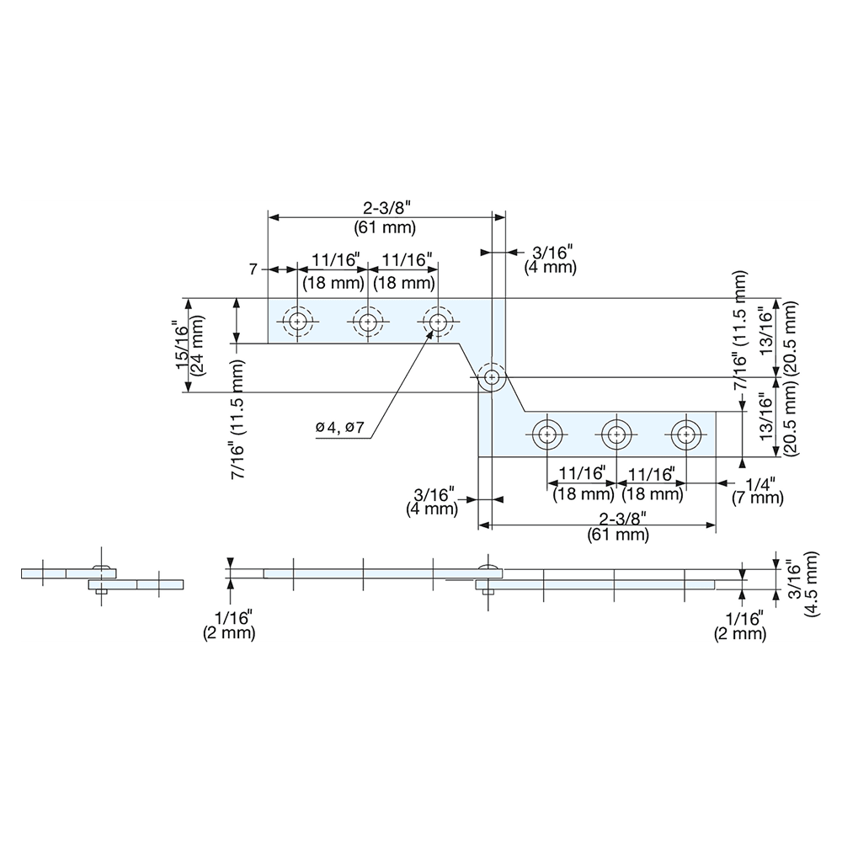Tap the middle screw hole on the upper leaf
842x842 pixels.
tap(367, 322)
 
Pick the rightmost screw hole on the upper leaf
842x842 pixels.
tap(437, 322)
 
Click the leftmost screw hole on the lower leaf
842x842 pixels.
tap(547, 435)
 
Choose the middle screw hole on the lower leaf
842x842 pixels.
tap(616, 435)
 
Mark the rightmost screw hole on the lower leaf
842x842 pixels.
tap(685, 435)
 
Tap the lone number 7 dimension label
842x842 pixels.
tap(253, 269)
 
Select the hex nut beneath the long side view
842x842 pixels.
tap(488, 595)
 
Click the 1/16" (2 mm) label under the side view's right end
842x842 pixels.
tap(740, 626)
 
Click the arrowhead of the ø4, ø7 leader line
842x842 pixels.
tap(432, 333)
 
